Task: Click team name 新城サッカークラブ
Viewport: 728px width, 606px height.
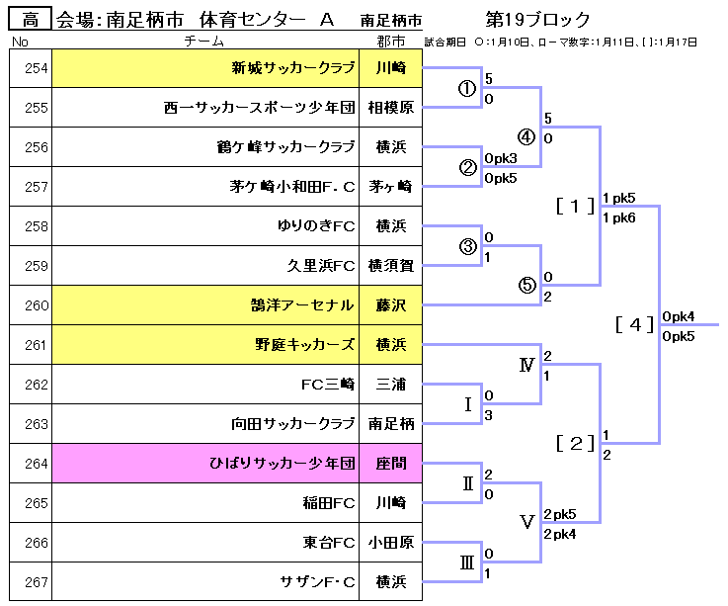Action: tap(292, 68)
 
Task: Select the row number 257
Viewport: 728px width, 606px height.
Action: tap(36, 187)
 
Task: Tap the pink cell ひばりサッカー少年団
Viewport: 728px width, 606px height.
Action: tap(281, 464)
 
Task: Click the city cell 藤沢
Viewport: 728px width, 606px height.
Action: tap(390, 305)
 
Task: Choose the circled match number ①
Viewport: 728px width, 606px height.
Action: tap(467, 88)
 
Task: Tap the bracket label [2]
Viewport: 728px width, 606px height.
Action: tap(575, 443)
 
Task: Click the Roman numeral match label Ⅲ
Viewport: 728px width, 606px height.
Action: tap(467, 563)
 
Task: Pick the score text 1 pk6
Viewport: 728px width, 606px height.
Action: tap(619, 216)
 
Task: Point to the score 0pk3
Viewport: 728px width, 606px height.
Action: tap(501, 158)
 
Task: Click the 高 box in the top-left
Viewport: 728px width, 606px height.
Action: tap(31, 19)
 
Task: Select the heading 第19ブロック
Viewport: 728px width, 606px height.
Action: tap(537, 19)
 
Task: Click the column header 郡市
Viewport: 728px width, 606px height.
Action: tap(390, 42)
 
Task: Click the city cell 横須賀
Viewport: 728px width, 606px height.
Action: tap(390, 266)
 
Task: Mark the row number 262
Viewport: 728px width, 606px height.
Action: tap(36, 385)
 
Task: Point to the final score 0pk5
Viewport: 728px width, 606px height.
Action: tap(680, 336)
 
